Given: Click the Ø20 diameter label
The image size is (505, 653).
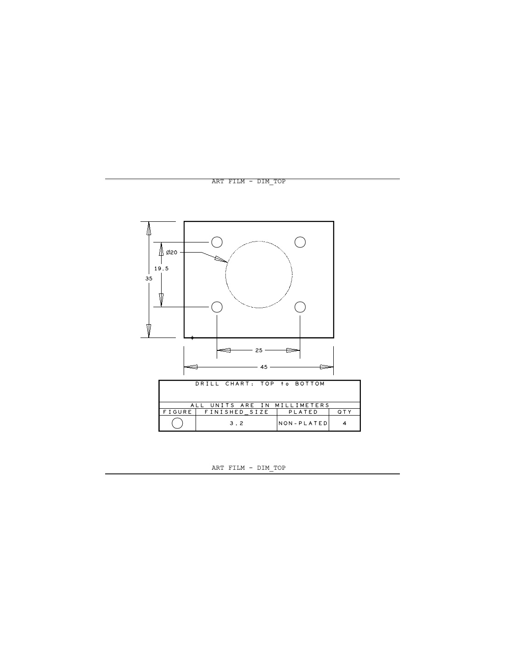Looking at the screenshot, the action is (172, 253).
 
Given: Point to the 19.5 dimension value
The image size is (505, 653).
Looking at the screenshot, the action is (161, 269).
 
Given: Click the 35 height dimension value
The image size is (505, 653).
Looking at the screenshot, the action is (149, 279).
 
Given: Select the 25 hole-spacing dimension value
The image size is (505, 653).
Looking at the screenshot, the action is (258, 350).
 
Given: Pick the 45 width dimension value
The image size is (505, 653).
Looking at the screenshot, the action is (264, 367).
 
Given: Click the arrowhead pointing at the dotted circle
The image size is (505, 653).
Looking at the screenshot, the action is (221, 259).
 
